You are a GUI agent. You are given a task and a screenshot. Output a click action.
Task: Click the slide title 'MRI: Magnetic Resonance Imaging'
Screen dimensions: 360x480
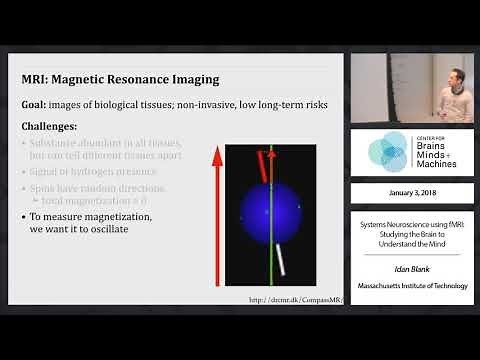[121, 79]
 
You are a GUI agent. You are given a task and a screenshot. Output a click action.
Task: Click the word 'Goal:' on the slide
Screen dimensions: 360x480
[39, 104]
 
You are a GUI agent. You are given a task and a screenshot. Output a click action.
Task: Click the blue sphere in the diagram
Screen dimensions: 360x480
[270, 214]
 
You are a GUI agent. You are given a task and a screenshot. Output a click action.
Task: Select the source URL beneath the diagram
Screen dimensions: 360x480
[295, 299]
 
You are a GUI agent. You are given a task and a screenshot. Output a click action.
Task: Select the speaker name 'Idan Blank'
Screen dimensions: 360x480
[411, 270]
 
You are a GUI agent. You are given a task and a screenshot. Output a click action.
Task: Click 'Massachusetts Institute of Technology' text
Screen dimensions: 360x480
[411, 286]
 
